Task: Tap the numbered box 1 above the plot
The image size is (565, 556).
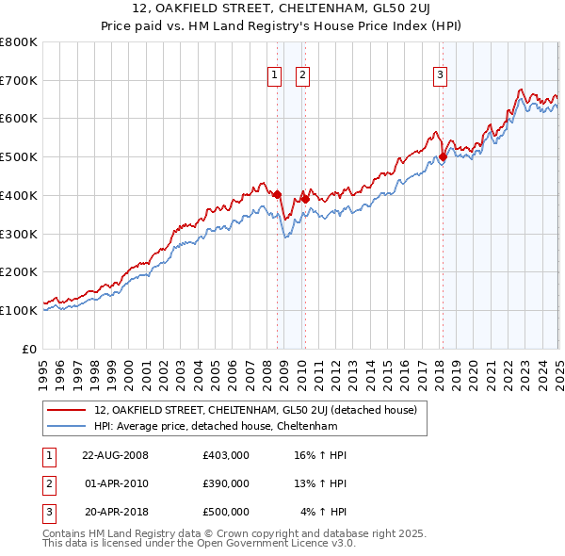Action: coord(274,76)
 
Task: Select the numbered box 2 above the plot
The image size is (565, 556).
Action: coord(303,76)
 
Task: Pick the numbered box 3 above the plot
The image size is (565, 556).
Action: coord(441,76)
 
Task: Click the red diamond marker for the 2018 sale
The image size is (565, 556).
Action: coord(443,157)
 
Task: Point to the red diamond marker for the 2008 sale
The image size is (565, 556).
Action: coord(277,194)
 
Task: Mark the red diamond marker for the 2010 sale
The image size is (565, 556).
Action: coord(305,199)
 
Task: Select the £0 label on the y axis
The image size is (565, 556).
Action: coord(30,349)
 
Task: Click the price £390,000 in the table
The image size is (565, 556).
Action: coord(225,483)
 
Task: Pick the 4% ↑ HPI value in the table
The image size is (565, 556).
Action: coord(324,512)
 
